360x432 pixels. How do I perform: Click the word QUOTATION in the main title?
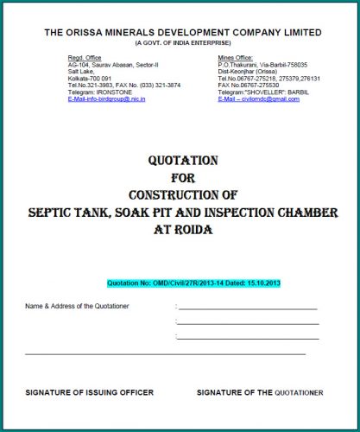183,160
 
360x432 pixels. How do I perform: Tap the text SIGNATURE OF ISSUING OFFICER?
90,392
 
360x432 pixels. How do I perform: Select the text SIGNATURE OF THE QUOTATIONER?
260,392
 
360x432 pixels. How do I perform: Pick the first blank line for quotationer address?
248,308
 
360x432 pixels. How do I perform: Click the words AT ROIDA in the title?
183,230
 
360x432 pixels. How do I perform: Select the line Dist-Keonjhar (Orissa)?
247,72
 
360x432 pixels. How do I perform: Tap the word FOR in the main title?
183,176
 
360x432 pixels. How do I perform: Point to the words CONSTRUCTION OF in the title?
183,194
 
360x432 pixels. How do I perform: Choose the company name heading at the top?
183,32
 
